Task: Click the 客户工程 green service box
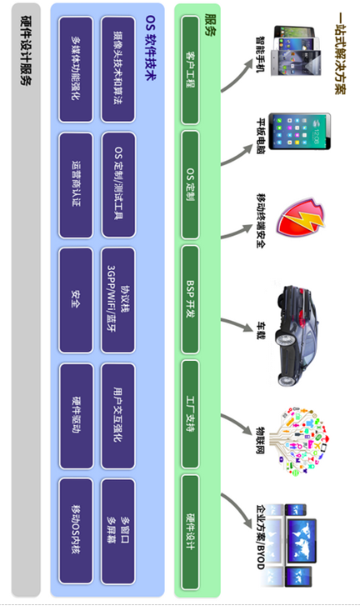(x=190, y=70)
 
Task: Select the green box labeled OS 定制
(x=190, y=185)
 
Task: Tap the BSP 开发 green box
(x=190, y=299)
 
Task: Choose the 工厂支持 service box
(x=190, y=414)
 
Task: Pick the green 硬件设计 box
(x=190, y=533)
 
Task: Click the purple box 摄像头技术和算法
(x=118, y=69)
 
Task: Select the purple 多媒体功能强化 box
(x=76, y=69)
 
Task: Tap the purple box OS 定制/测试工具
(x=118, y=185)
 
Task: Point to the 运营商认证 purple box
(x=76, y=185)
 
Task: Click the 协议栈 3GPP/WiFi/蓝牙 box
(x=118, y=300)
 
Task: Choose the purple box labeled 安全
(x=76, y=300)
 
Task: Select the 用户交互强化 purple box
(x=118, y=416)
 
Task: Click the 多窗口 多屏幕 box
(x=118, y=531)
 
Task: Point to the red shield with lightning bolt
(x=301, y=218)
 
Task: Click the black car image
(x=296, y=335)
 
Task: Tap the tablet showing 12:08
(x=300, y=132)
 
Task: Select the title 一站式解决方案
(x=340, y=53)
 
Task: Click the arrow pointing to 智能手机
(x=237, y=75)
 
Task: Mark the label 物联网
(x=261, y=440)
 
